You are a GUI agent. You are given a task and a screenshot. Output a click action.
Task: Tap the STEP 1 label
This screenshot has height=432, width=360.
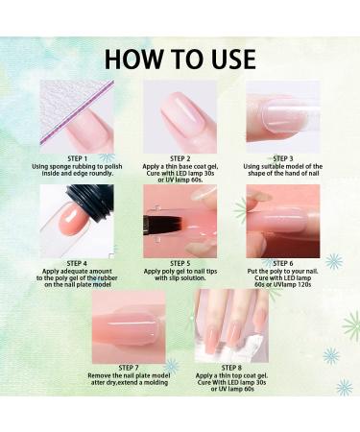77,158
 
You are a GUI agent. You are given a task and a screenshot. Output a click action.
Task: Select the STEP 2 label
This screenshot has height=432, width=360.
180,158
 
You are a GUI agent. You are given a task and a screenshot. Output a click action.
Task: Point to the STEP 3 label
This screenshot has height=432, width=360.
283,158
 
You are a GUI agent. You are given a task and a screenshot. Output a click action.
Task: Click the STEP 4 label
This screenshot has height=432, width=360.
77,263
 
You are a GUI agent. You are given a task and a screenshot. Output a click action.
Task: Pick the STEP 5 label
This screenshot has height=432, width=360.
180,263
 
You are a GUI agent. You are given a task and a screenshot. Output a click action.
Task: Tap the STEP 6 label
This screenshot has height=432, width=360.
283,263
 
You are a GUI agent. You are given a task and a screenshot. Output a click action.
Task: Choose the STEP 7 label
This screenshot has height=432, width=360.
129,368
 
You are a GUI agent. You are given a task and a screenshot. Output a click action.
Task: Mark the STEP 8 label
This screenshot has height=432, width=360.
231,368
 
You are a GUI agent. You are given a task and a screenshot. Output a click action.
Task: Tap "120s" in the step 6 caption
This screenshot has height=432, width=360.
304,284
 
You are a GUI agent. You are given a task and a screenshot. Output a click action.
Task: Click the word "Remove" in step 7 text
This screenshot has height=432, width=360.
99,375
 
